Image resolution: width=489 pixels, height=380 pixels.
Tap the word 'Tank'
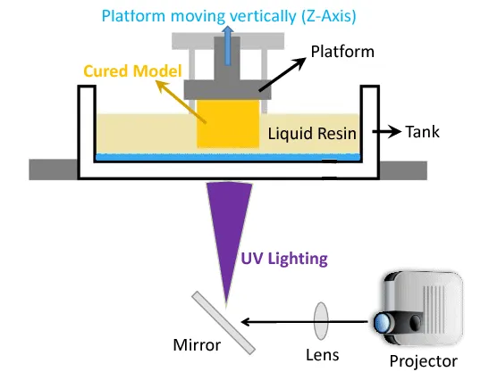click(423, 132)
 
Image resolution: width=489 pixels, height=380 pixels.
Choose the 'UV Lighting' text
click(283, 260)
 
